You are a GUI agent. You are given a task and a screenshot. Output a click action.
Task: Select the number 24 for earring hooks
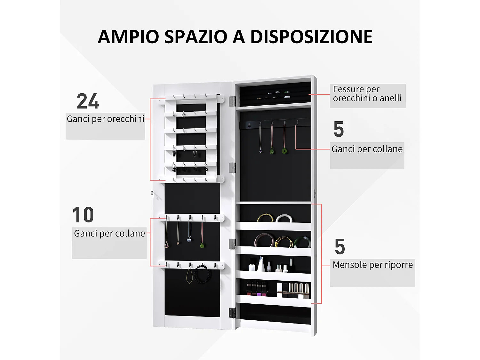point(88,101)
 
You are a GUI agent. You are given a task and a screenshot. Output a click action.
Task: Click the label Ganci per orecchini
point(106,119)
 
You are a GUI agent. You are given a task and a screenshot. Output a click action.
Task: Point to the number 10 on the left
point(83,215)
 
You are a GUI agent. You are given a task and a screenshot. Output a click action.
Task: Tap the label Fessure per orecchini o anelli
point(367,94)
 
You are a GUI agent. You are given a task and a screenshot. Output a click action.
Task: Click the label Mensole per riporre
point(372,265)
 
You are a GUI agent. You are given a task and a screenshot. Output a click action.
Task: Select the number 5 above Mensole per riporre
point(340,247)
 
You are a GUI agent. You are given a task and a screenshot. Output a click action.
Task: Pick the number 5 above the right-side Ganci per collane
point(339,129)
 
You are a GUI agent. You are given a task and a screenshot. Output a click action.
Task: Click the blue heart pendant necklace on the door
point(189,240)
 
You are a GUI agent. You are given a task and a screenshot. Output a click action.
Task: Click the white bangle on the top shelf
point(284,219)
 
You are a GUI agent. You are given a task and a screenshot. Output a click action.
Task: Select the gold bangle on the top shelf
point(265,218)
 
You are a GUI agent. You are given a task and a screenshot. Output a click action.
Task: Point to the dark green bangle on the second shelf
point(302,242)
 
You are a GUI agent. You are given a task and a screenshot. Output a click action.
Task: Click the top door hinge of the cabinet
point(232,101)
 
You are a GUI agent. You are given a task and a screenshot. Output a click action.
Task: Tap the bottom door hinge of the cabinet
point(232,313)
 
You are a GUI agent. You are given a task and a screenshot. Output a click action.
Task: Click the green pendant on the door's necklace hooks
point(202,246)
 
